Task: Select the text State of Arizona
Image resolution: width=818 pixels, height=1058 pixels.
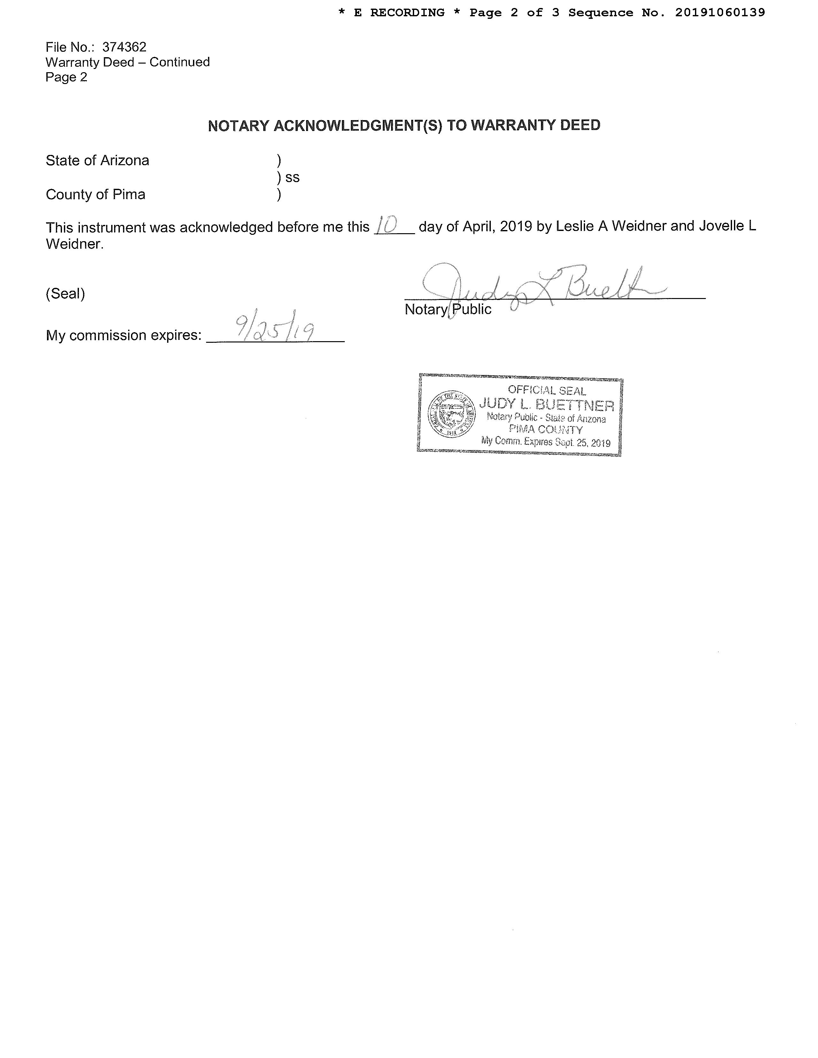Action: point(97,160)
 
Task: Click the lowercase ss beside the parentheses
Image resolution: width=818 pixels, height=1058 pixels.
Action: point(292,177)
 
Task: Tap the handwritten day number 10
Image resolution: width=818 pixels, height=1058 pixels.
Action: point(387,225)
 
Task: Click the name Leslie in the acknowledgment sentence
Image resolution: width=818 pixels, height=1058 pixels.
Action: point(575,226)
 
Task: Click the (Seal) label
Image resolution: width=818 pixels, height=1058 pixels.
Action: point(66,294)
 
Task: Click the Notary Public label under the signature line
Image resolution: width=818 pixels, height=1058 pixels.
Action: point(448,310)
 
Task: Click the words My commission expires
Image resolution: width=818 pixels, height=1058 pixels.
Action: point(124,335)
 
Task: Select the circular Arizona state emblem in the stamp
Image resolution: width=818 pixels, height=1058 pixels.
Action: point(451,414)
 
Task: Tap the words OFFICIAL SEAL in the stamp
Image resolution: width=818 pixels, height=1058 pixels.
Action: point(547,390)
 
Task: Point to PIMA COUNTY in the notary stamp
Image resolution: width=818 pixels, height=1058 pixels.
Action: point(546,429)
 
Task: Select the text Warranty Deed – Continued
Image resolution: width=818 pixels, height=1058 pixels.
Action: point(127,62)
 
